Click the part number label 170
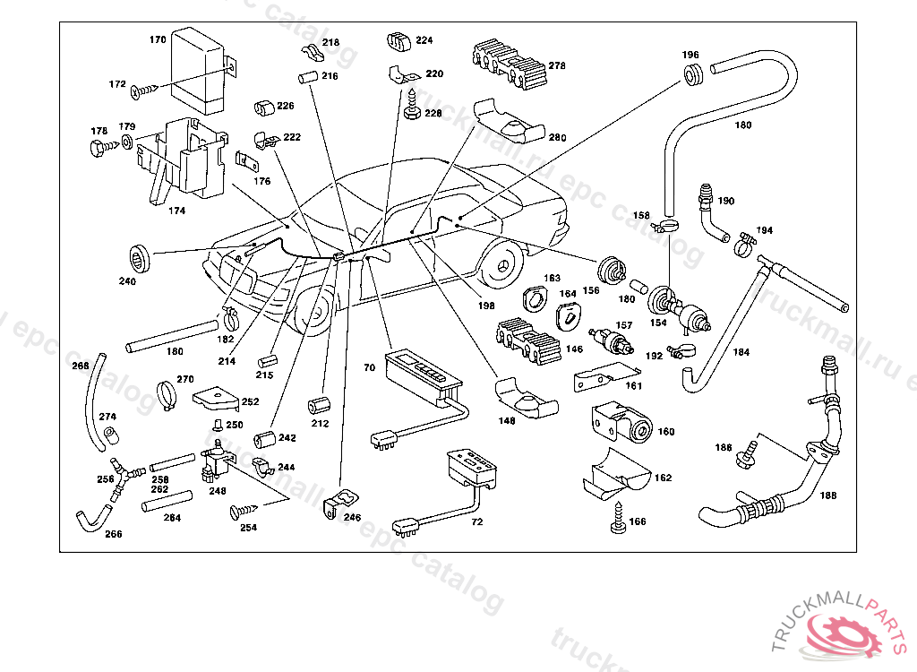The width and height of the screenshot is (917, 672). tap(158, 40)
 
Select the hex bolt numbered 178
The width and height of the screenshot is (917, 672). tap(100, 149)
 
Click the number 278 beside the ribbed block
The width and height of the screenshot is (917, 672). tap(557, 65)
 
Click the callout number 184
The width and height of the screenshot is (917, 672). tap(741, 352)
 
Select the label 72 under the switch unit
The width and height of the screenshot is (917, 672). tap(476, 521)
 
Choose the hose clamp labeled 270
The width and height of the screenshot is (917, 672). tap(167, 394)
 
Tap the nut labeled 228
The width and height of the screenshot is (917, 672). tap(412, 113)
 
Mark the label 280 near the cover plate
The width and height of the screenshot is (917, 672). tap(557, 138)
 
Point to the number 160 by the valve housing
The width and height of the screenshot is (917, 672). tap(666, 432)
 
